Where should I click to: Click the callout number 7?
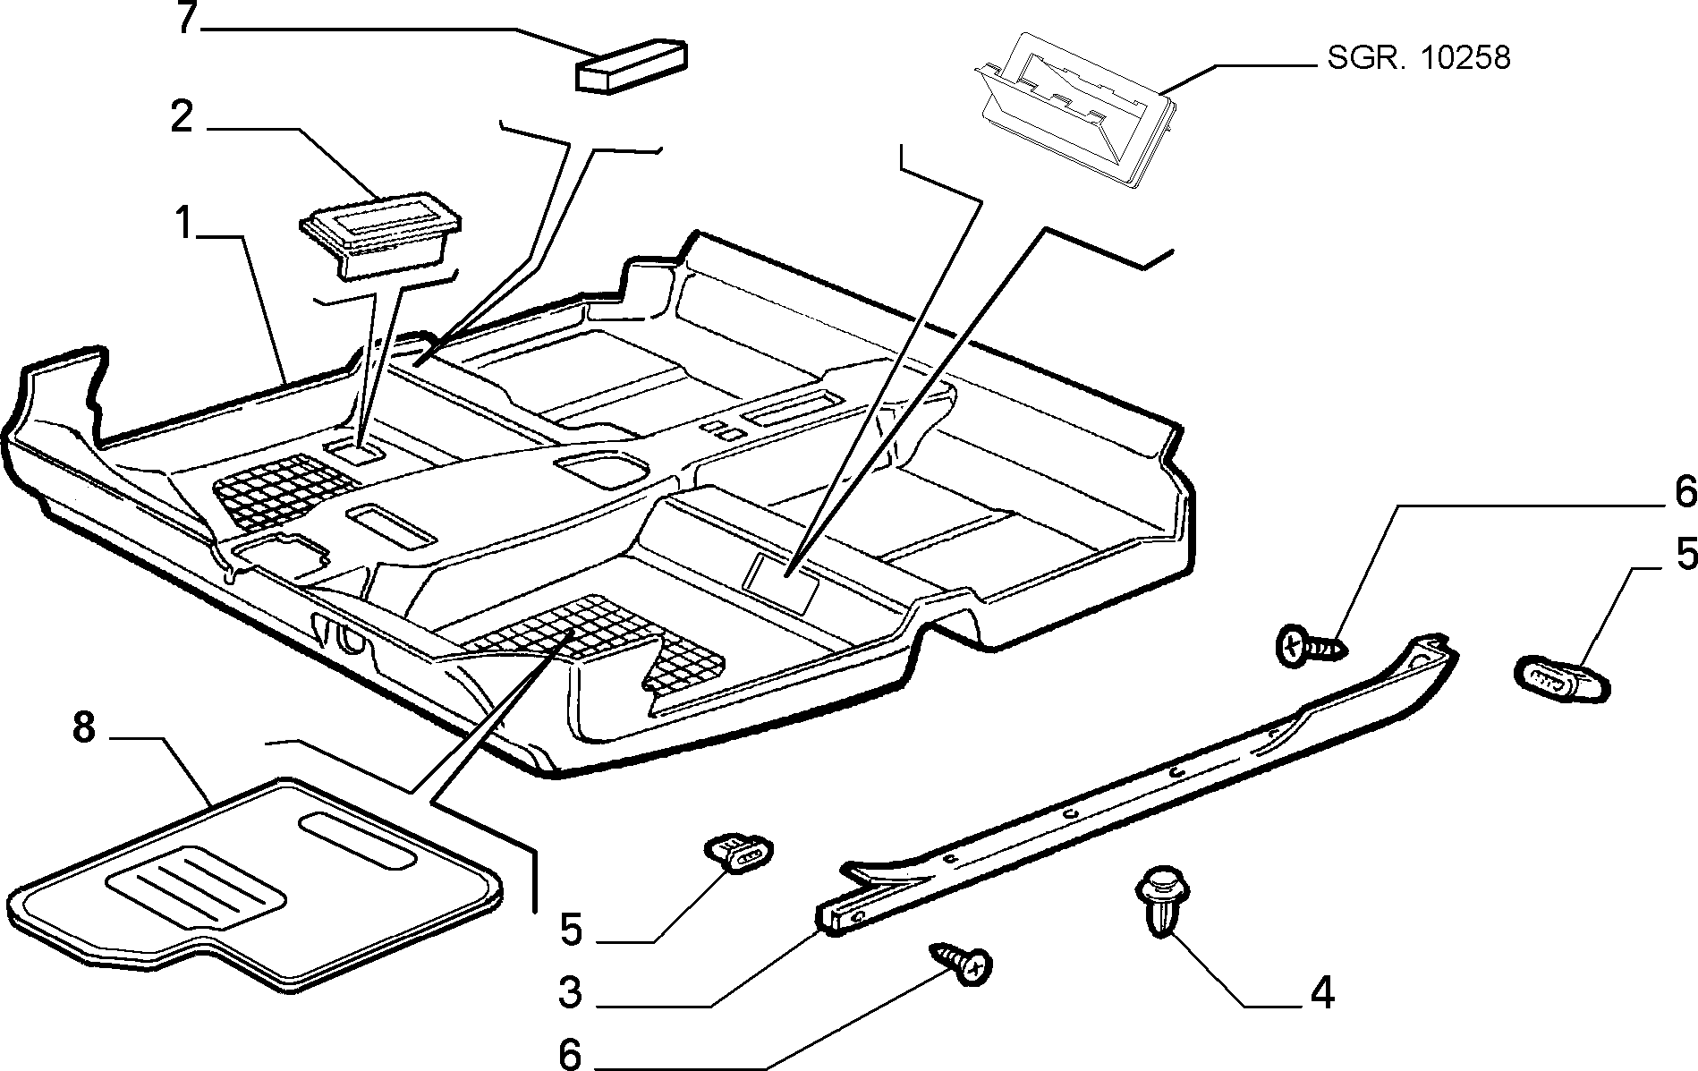tap(185, 18)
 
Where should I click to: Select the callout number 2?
tap(182, 118)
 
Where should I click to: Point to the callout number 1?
tap(183, 223)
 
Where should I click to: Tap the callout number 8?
tap(83, 727)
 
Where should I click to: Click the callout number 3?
tap(570, 992)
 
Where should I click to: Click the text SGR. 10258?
tap(1419, 58)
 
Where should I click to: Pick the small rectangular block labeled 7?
tap(631, 64)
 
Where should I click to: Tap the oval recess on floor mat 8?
tap(357, 841)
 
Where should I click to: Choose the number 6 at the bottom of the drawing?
tap(570, 1054)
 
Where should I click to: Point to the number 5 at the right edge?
tap(1686, 555)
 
